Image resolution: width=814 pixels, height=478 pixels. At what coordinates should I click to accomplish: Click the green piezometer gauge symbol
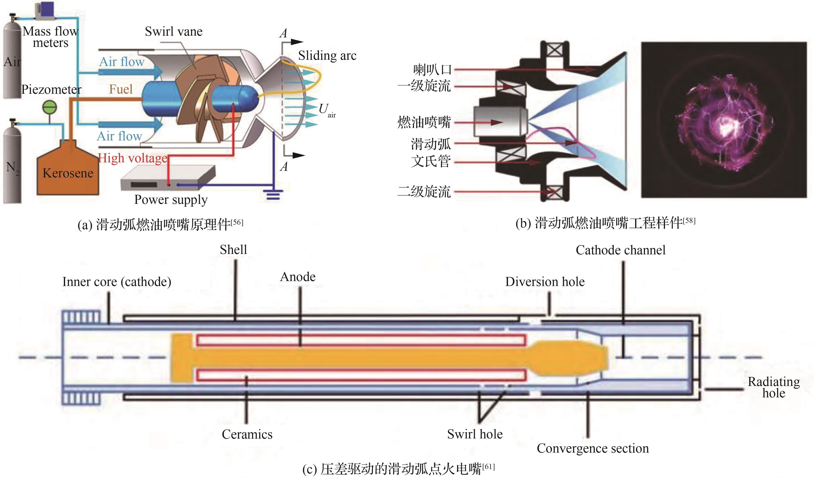pos(50,108)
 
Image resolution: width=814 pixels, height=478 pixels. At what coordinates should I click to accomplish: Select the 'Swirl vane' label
pos(174,32)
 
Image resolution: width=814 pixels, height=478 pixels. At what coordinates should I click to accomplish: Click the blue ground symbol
pos(273,194)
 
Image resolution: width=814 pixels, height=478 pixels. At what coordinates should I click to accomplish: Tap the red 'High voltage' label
pos(133,158)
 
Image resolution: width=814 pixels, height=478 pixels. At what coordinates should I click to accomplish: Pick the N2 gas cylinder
pos(12,164)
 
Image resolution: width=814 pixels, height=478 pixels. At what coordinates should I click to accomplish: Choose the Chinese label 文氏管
pos(431,161)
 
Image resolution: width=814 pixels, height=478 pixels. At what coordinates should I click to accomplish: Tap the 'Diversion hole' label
pos(545,282)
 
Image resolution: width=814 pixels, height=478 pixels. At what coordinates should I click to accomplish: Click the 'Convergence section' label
pos(592,449)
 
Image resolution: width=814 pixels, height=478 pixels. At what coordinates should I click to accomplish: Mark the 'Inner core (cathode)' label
pos(117,282)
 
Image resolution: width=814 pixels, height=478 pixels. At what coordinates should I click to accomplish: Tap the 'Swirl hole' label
pos(475,434)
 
